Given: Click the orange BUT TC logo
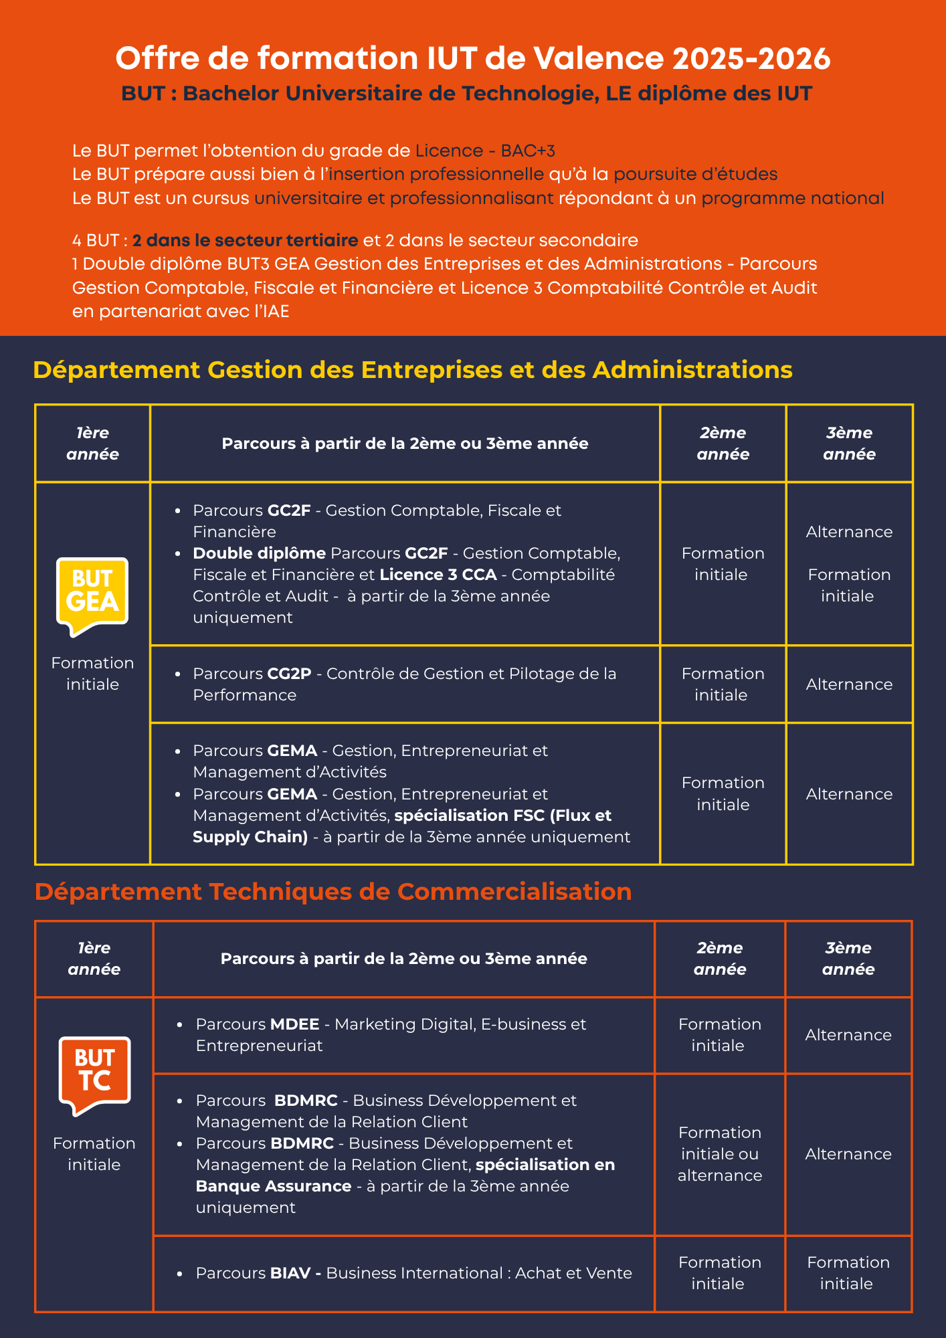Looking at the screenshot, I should pos(94,1074).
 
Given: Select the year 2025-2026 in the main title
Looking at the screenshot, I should pos(751,59).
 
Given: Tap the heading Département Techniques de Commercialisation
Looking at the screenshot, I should pos(333,892).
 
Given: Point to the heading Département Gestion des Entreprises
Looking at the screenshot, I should pos(413,370).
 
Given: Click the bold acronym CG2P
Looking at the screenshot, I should pos(289,674).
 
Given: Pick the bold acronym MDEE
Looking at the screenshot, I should pos(295,1024).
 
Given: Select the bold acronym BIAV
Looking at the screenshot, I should pos(290,1273).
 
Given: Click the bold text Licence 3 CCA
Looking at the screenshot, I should pos(438,575).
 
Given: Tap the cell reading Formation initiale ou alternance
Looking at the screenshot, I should pos(720,1154).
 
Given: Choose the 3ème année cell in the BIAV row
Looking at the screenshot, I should pos(848,1273).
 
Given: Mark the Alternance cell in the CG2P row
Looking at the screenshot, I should pos(849,684).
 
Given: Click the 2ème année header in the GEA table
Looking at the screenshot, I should pos(723,444).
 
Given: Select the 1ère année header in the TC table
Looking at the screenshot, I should pos(94,959).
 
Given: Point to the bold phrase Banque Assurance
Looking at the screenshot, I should pos(274,1186).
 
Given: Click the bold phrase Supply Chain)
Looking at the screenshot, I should pos(250,837).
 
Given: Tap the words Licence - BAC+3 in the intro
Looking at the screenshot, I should pos(485,151).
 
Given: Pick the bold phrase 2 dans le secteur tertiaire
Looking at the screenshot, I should pos(245,240).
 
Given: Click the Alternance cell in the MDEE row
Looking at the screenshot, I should pos(848,1035).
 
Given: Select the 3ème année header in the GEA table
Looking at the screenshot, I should pos(849,444).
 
